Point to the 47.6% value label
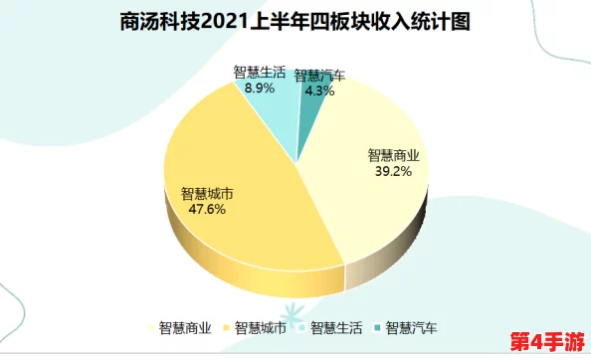[x=207, y=210]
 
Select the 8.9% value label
[x=259, y=87]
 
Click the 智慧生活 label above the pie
[x=260, y=72]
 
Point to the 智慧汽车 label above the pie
[x=320, y=76]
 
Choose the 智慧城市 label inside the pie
[x=207, y=194]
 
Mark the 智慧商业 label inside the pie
[x=394, y=155]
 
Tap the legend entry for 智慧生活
[x=337, y=327]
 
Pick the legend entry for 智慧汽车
[x=412, y=327]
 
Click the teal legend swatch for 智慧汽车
[x=379, y=327]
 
